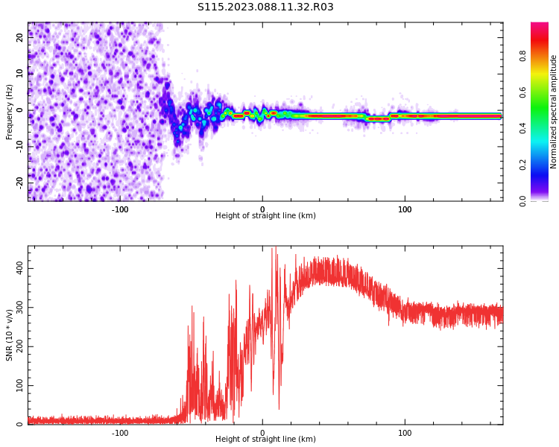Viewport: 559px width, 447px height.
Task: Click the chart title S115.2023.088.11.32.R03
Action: pos(265,7)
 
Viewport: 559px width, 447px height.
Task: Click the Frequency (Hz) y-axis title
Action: pos(10,112)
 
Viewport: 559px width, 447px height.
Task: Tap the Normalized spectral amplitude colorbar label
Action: pos(554,112)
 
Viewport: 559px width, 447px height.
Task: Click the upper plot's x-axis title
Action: pos(265,216)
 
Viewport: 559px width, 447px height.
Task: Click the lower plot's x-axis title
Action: pos(265,440)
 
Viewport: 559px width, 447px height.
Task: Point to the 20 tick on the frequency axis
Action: pos(21,38)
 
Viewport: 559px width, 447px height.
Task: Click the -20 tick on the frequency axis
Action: pos(21,182)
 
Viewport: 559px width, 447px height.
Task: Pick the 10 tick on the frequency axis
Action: pos(21,74)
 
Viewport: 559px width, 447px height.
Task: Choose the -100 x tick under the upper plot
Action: pos(120,209)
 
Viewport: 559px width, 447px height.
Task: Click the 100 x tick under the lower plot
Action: pos(405,431)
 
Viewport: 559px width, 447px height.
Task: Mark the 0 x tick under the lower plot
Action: pos(262,431)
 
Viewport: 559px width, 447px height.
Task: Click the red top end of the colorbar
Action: pos(539,25)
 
